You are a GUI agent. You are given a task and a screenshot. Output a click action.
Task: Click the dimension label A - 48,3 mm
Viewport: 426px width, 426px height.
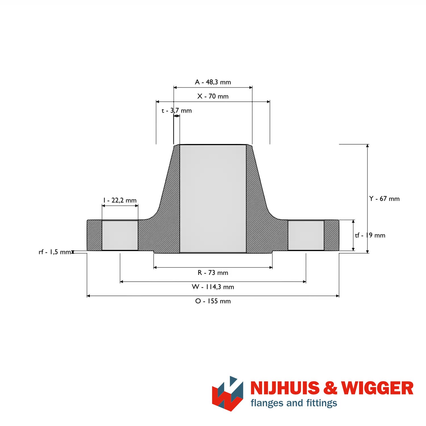click(213, 82)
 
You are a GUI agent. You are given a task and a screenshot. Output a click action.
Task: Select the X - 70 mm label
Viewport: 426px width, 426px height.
click(213, 96)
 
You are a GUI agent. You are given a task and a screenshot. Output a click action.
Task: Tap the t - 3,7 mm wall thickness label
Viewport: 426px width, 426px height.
click(177, 110)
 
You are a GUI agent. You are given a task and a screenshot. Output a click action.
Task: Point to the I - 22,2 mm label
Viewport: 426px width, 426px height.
click(120, 200)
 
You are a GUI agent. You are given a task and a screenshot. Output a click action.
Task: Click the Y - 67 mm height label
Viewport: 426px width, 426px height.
click(384, 199)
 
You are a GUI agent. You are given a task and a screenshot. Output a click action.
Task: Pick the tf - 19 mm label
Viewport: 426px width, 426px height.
click(370, 235)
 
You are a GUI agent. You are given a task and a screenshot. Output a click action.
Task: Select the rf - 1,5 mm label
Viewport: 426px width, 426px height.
click(55, 252)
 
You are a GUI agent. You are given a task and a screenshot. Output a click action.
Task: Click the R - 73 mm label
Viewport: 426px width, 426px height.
click(213, 273)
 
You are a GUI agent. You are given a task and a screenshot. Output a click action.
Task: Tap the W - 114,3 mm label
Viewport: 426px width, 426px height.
click(213, 287)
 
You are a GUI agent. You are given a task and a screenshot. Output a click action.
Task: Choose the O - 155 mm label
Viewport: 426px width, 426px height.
click(213, 301)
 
